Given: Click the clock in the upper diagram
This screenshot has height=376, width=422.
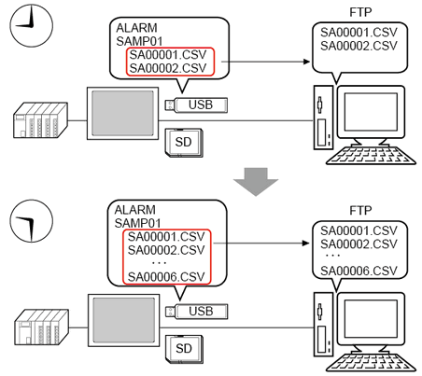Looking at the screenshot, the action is tap(32, 25).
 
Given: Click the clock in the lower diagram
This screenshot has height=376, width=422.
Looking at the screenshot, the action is tap(32, 221).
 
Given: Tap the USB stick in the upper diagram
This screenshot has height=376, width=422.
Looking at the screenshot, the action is tap(196, 104).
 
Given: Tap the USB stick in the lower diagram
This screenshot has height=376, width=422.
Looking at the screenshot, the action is tap(196, 311).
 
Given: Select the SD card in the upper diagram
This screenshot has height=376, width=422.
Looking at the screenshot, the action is tap(184, 143).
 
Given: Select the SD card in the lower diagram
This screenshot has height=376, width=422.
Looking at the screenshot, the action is tap(184, 349).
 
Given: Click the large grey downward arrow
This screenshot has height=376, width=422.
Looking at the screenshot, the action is tap(256, 182).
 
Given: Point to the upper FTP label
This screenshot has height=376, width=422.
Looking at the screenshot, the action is tap(360, 12).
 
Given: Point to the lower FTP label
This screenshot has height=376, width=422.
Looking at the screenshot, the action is tap(360, 211).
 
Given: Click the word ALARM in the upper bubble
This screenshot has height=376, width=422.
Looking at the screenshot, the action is tap(136, 28).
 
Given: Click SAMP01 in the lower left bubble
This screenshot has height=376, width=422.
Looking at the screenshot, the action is tap(137, 223).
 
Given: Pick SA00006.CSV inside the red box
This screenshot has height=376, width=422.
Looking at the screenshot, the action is tap(166, 276).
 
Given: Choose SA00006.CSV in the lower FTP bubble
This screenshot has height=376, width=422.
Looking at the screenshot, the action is tap(359, 271).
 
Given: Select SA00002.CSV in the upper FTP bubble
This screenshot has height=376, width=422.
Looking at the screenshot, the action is tap(359, 46).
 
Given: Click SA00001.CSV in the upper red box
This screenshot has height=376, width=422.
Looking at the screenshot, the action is tap(168, 55).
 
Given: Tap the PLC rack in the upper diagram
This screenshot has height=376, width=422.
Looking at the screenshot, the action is tap(40, 120).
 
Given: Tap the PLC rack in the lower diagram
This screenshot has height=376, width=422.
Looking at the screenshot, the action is tap(42, 327).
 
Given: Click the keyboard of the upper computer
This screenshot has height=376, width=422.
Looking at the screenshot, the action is tap(371, 155).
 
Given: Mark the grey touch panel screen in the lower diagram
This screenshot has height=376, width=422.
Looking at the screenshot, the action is tap(124, 320).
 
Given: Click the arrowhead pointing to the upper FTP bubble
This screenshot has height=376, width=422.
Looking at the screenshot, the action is tap(307, 62).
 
